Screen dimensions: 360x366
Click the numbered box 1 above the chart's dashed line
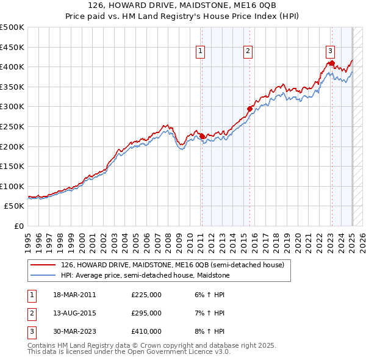[201, 52]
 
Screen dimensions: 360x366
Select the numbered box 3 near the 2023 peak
[330, 52]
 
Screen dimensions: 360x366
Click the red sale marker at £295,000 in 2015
[249, 109]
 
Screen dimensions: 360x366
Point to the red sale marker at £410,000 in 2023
[331, 63]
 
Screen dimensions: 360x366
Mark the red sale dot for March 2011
[202, 136]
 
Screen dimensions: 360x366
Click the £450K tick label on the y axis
[12, 47]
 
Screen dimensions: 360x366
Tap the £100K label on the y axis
[12, 186]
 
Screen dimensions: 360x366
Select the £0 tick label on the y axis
[18, 226]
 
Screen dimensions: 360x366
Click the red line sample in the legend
[43, 265]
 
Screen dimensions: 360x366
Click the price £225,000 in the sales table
[146, 295]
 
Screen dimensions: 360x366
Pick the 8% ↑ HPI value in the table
[209, 331]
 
